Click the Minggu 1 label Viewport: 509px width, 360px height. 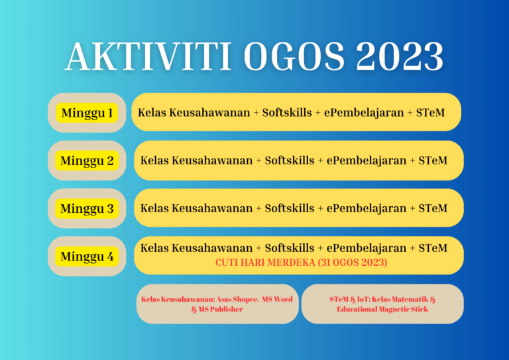coord(87,113)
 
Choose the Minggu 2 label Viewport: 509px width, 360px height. coord(87,160)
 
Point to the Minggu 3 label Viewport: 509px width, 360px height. coord(87,208)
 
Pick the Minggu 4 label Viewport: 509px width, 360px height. coord(87,256)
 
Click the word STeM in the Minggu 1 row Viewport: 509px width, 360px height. coord(429,113)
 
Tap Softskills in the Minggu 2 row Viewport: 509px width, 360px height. coord(290,160)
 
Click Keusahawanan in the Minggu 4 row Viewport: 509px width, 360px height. coord(212,248)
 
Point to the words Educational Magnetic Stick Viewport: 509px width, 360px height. coord(382,309)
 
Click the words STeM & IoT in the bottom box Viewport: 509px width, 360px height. coord(351,299)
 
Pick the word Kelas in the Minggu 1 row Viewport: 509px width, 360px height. coord(152,113)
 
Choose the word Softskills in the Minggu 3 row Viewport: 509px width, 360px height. coord(290,208)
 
